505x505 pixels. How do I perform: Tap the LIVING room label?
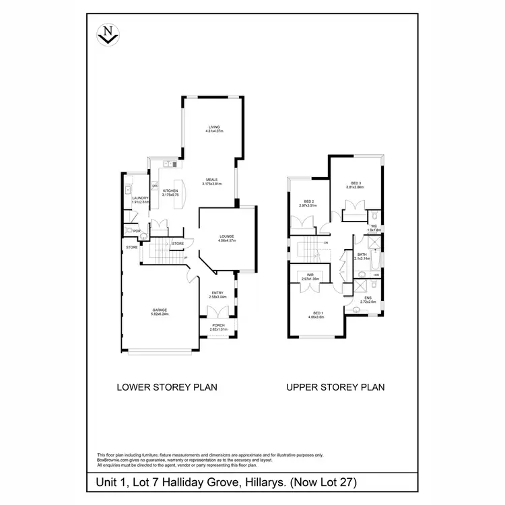(x=214, y=127)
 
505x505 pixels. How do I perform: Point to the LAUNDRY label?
(x=140, y=197)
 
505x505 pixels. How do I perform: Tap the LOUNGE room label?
(x=226, y=236)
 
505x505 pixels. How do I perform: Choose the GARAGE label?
(x=159, y=310)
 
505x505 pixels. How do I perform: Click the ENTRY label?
(x=217, y=292)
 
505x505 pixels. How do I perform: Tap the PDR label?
(x=137, y=232)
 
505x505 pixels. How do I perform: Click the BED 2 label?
(x=310, y=201)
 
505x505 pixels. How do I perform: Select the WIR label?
(x=310, y=275)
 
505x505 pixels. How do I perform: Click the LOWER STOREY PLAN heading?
(x=166, y=387)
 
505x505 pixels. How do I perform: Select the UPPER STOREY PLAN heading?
(x=335, y=387)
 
